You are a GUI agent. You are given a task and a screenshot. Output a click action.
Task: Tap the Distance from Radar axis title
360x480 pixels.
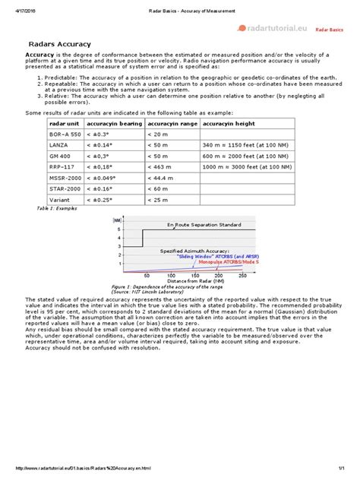point(193,281)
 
